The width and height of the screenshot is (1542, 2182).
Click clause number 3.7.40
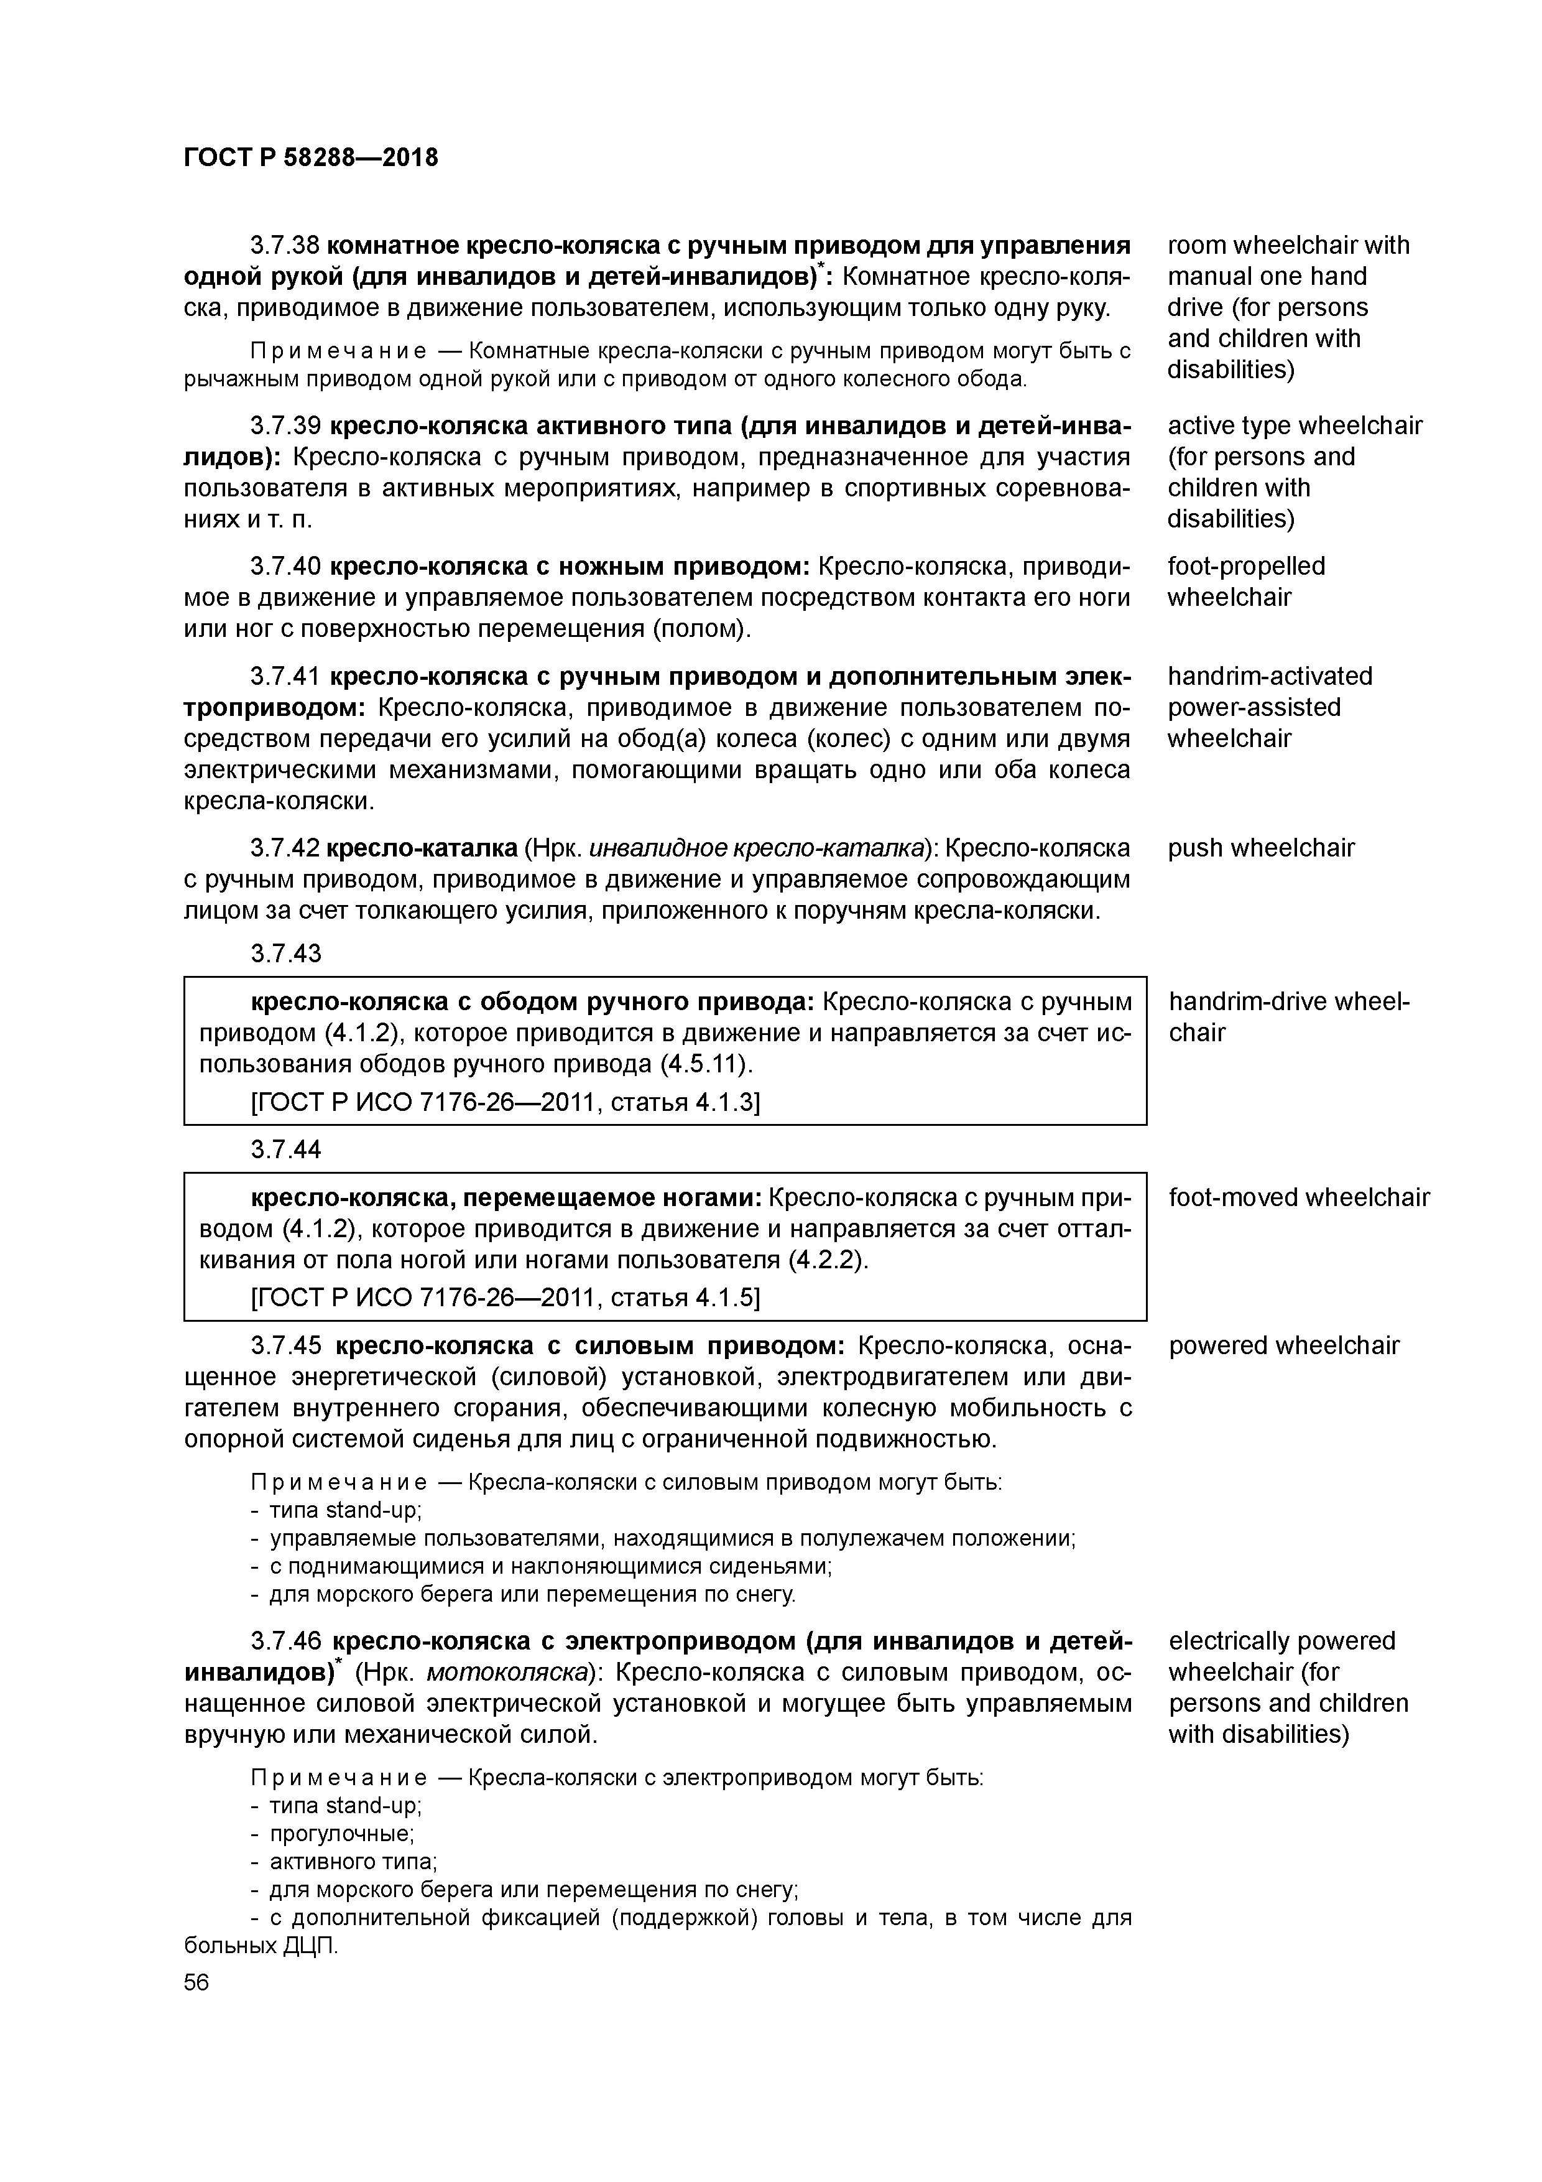(x=285, y=567)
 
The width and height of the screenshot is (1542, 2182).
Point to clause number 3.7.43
(x=285, y=953)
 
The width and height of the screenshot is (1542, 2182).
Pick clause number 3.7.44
(x=285, y=1150)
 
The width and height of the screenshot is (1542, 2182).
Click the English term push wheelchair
(x=1261, y=848)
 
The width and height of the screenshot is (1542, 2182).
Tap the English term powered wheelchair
(x=1283, y=1345)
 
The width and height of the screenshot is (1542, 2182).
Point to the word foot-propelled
(x=1245, y=567)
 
